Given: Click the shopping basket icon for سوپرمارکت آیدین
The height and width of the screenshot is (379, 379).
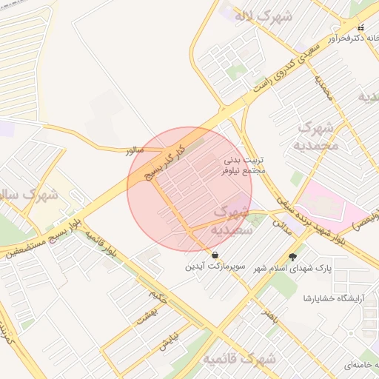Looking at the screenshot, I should point(215,255).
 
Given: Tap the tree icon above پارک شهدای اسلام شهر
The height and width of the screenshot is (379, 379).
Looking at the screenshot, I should point(294,257).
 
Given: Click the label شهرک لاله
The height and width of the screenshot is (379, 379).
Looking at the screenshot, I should point(263,14).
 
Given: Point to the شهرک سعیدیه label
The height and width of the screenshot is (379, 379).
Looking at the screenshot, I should point(234,221).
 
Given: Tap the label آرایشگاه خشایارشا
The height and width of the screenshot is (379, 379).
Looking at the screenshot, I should point(330,298).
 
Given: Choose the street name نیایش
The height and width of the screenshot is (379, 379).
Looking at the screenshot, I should point(169,339).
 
